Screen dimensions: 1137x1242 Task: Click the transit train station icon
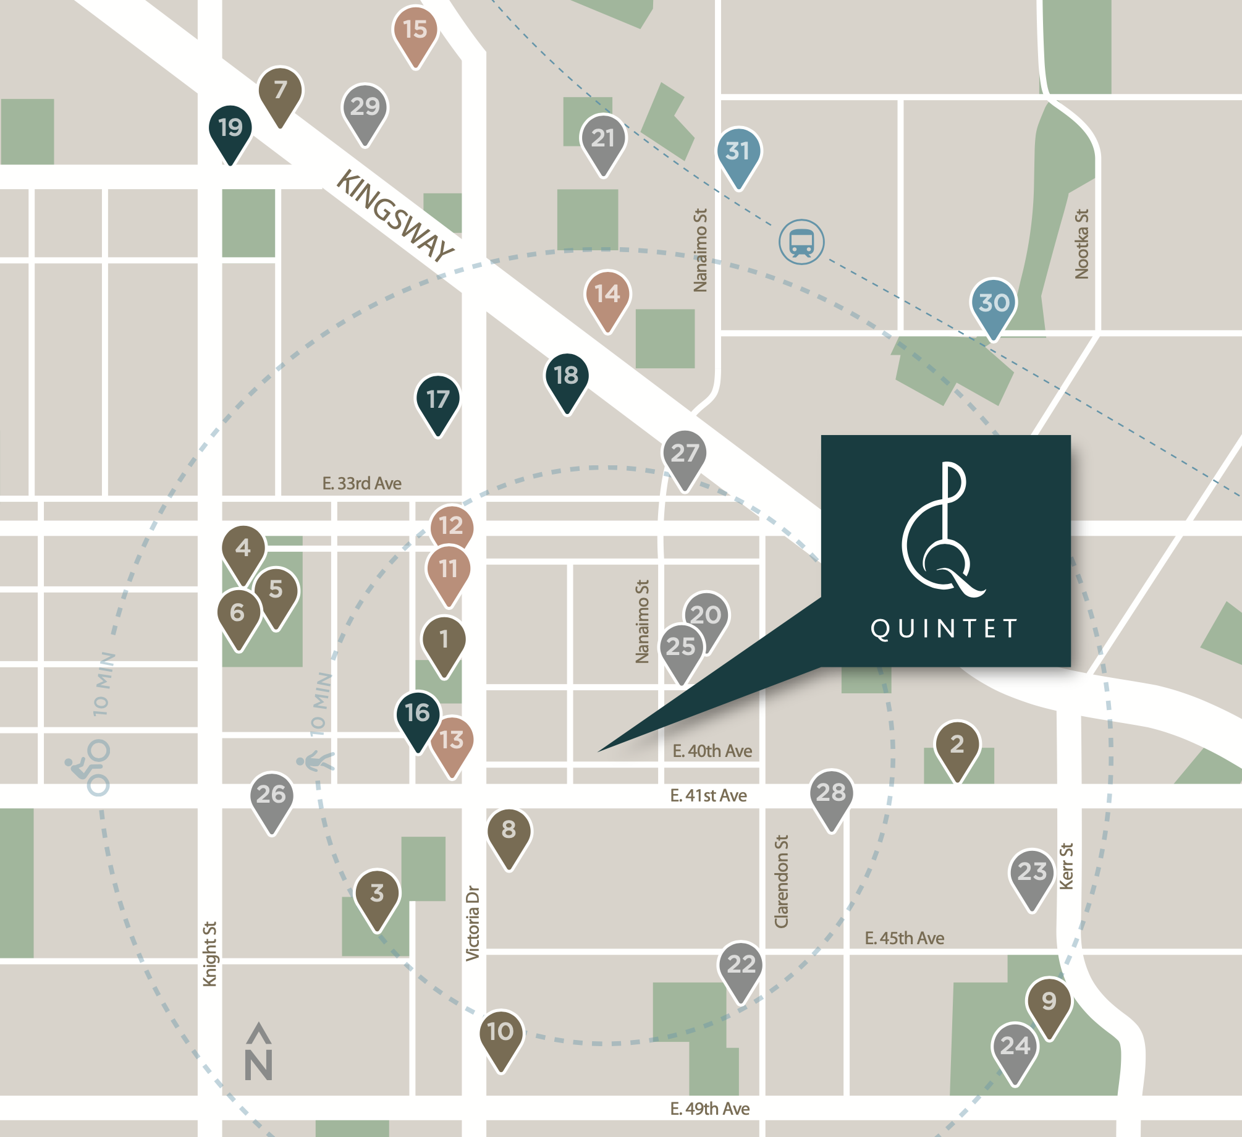(801, 242)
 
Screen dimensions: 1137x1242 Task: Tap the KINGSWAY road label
(395, 216)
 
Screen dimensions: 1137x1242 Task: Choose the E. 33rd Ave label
(361, 483)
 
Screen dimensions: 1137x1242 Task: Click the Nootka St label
(1081, 244)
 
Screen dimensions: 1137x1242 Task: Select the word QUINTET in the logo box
(944, 629)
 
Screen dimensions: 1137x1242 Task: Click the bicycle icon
(90, 766)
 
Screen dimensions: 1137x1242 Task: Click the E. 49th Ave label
(709, 1109)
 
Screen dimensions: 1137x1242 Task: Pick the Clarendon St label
(782, 881)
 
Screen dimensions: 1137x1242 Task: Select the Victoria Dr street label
(473, 923)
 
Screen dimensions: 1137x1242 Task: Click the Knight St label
(210, 954)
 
